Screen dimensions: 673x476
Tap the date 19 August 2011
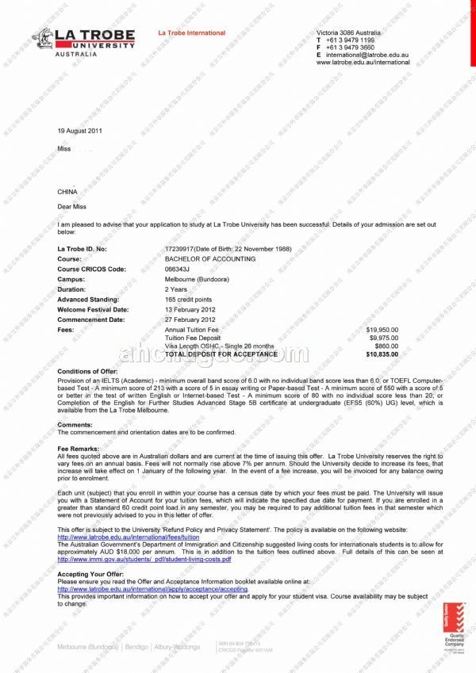click(x=79, y=131)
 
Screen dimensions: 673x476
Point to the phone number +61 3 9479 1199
click(x=350, y=40)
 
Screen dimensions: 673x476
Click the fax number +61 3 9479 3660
click(x=350, y=47)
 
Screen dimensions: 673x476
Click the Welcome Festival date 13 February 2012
click(x=190, y=309)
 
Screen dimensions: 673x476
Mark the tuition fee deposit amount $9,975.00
click(x=384, y=338)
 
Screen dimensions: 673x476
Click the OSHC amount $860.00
click(x=386, y=346)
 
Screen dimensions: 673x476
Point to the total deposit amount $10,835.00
click(x=382, y=354)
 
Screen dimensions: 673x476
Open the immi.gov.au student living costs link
click(x=144, y=560)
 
